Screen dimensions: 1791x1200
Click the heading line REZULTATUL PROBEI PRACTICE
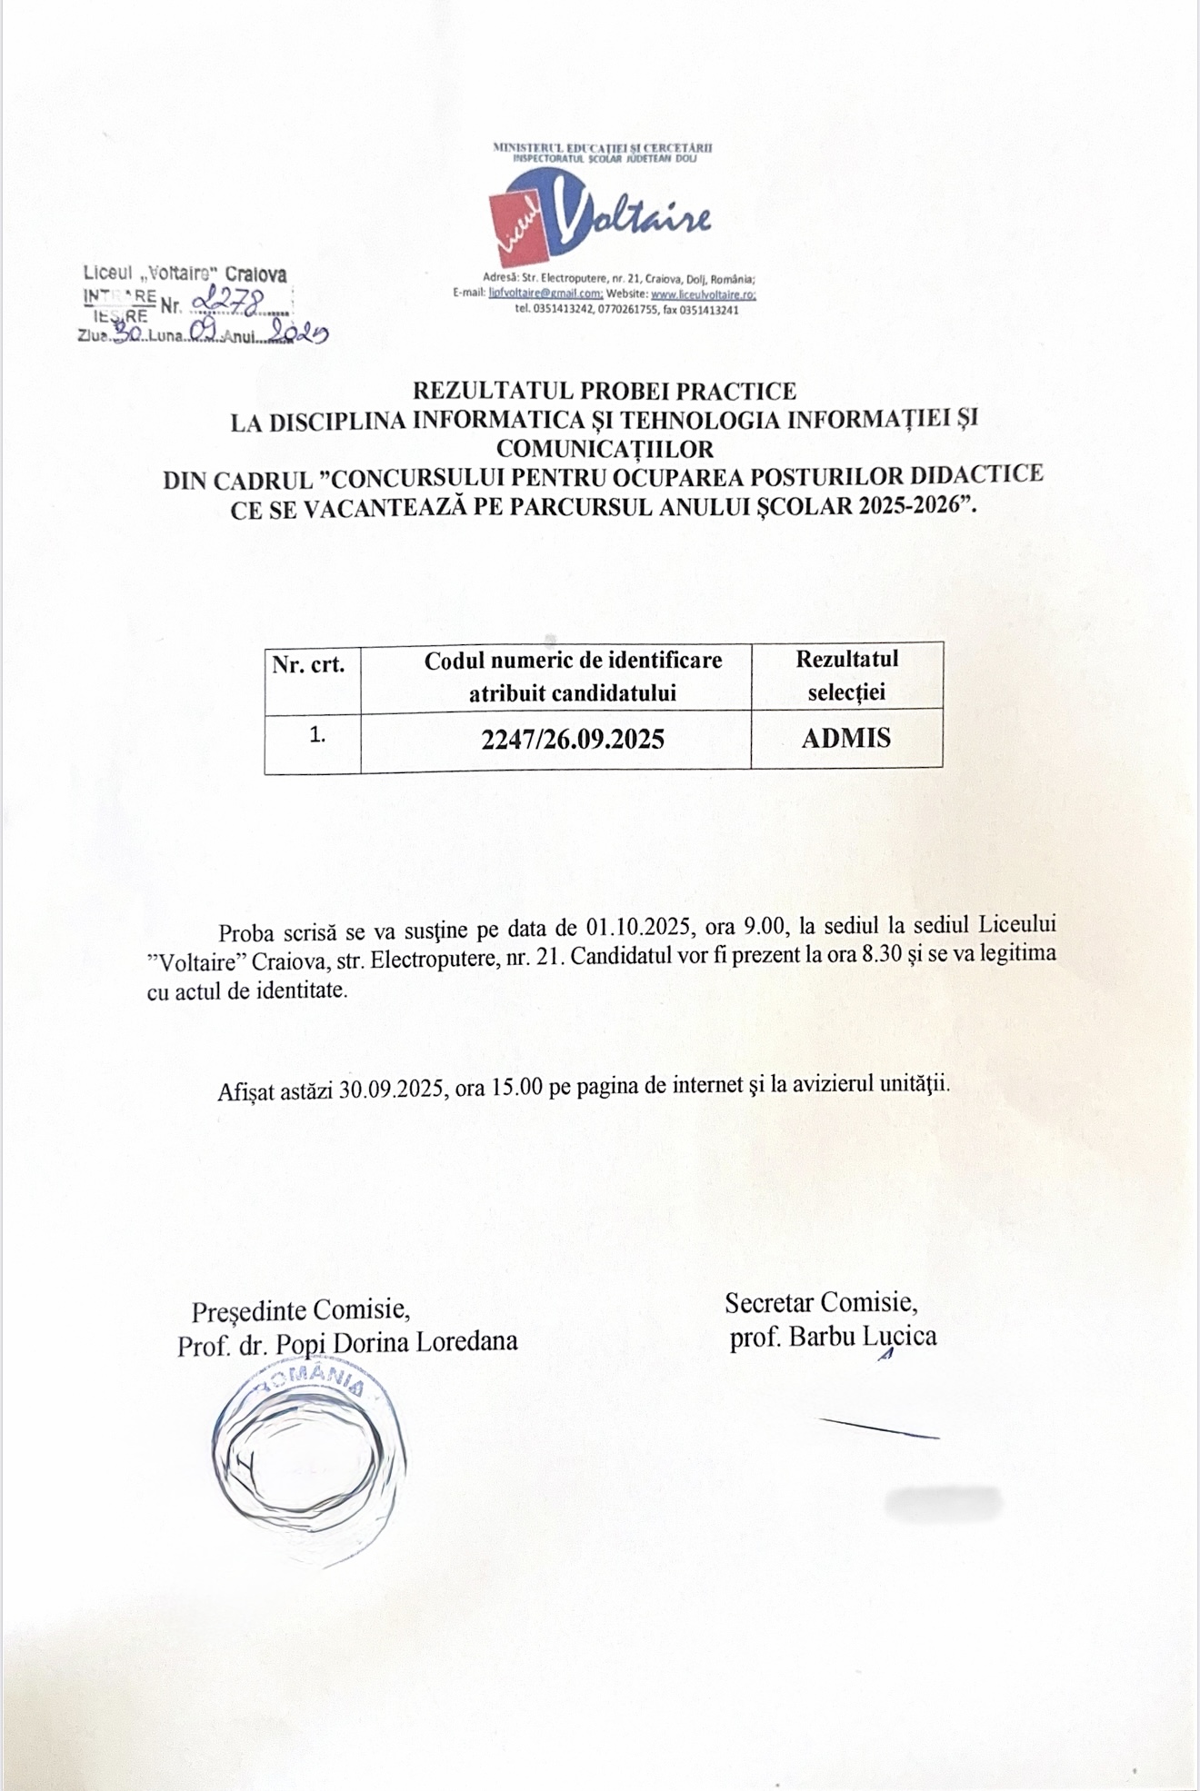coord(605,391)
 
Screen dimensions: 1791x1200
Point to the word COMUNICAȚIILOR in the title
coord(605,448)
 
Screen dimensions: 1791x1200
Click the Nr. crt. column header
coord(309,664)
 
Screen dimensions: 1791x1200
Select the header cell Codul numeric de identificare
coord(573,661)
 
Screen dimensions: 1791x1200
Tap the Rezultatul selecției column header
coord(846,675)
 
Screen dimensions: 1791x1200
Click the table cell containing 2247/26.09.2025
coord(573,739)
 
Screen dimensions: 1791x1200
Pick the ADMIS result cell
coord(846,738)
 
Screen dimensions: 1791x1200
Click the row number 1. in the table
coord(317,735)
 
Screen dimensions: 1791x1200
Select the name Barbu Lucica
coord(862,1337)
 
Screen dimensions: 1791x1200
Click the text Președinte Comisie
coord(300,1310)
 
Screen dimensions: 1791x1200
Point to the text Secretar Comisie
coord(821,1303)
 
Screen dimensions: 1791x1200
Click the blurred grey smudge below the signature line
coord(943,1503)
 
